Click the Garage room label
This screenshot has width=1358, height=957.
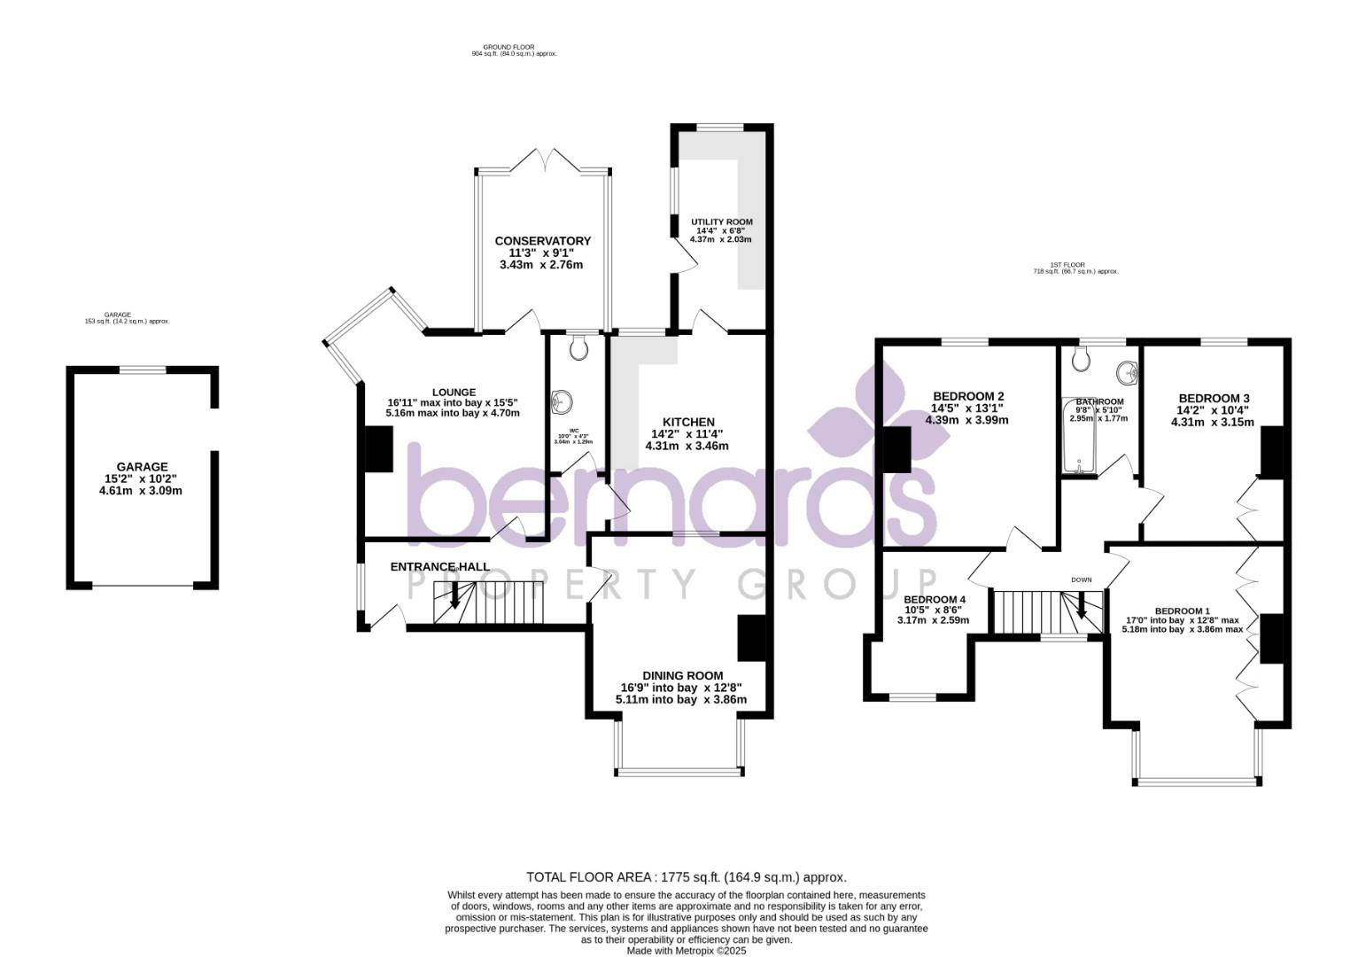point(142,467)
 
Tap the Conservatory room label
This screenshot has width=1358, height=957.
point(542,241)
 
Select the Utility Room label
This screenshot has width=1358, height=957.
point(721,222)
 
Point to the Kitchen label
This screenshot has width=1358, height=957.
point(688,422)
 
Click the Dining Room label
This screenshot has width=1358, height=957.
point(682,675)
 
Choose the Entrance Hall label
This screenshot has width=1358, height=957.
point(440,566)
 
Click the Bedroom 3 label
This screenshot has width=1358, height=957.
point(1214,399)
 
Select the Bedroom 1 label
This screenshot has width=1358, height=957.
point(1182,611)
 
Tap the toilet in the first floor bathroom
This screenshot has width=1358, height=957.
point(1080,359)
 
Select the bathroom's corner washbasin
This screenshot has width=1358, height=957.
point(1126,372)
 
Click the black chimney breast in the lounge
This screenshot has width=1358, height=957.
point(378,449)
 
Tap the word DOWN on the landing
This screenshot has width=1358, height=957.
point(1081,580)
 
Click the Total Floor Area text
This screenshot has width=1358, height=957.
point(686,877)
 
